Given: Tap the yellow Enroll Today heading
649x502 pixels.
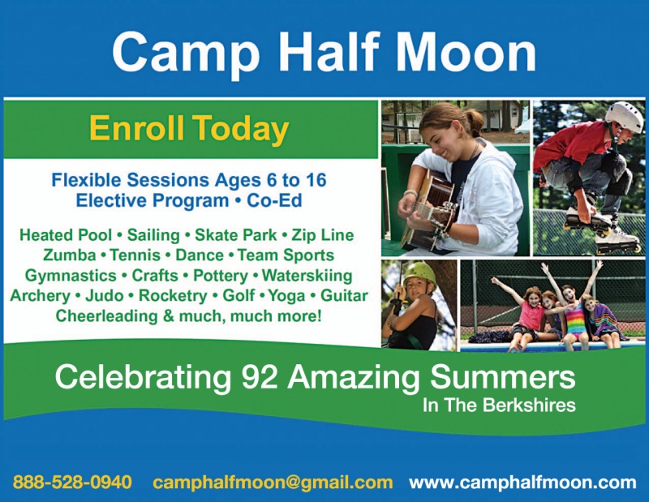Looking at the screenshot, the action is point(189,129).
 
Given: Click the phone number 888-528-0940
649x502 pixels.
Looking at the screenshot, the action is point(72,483).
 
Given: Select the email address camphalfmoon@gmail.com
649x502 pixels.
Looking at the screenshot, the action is point(273,483).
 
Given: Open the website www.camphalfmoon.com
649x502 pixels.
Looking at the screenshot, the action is point(522,483).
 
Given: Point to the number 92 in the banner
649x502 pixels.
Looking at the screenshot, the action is point(260,377).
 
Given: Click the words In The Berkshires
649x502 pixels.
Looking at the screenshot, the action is point(499,405).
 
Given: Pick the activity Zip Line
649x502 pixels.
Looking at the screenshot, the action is point(323,235).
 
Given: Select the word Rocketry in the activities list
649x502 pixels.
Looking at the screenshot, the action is point(173,296).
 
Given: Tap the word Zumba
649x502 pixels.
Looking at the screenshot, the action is point(69,255).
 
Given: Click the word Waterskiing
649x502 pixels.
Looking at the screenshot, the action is point(307,276).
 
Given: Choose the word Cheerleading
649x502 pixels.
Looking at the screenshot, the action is point(107,316).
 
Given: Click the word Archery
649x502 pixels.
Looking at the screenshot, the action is point(40,296).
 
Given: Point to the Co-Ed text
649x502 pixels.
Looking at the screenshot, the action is point(274,200).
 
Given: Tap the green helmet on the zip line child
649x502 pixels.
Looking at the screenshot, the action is point(419,273).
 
